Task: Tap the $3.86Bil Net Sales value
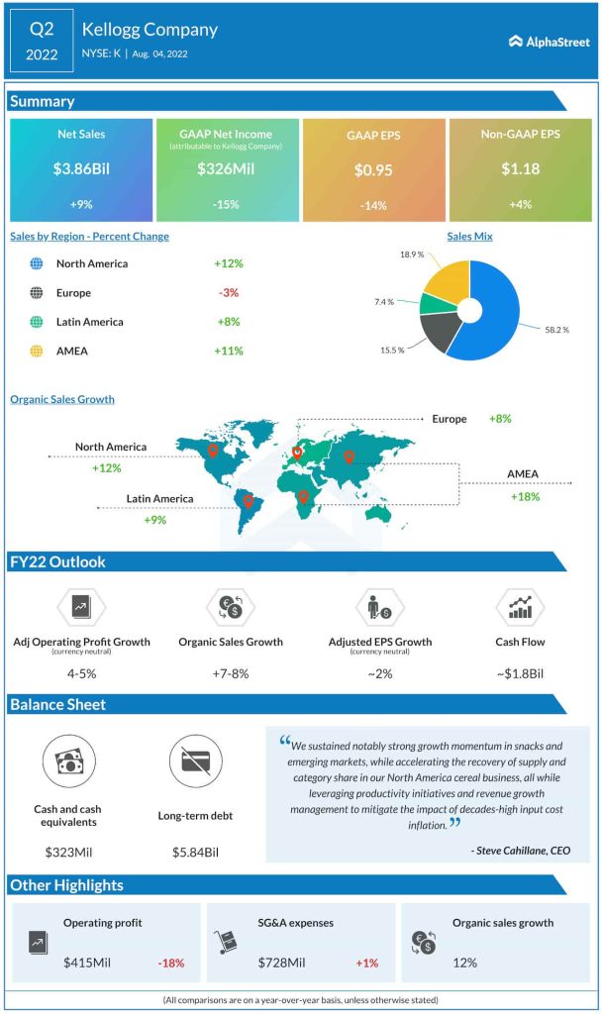click(x=81, y=169)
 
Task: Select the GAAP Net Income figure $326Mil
click(x=226, y=169)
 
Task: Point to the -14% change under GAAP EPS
click(x=373, y=205)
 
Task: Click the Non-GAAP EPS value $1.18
click(x=520, y=169)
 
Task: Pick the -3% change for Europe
click(x=228, y=293)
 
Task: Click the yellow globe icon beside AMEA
click(x=37, y=351)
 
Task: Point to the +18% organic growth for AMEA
click(x=525, y=496)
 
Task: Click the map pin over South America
click(x=249, y=502)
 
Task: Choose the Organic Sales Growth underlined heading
click(x=62, y=399)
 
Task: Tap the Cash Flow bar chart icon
click(x=520, y=606)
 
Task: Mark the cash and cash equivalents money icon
click(x=69, y=760)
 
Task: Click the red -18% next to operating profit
click(x=170, y=962)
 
